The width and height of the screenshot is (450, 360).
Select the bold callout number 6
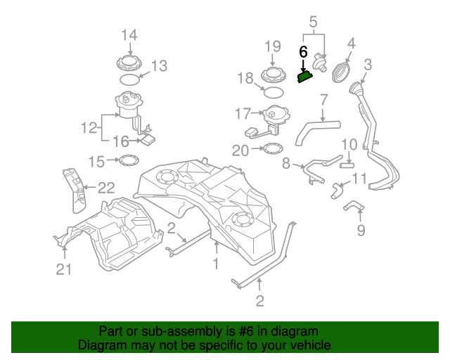point(303,52)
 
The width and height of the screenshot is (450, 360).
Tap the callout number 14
point(129,34)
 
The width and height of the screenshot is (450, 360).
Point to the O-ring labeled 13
point(128,80)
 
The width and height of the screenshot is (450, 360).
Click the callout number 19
point(273,46)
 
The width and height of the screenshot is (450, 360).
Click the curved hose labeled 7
point(314,131)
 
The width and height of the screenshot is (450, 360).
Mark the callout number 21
point(64,269)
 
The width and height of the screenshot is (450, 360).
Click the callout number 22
point(105,187)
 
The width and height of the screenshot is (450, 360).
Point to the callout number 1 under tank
point(216,264)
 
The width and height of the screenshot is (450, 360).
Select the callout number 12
point(89,128)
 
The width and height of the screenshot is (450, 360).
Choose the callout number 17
point(243,113)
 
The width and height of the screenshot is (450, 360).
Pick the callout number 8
point(286,164)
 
